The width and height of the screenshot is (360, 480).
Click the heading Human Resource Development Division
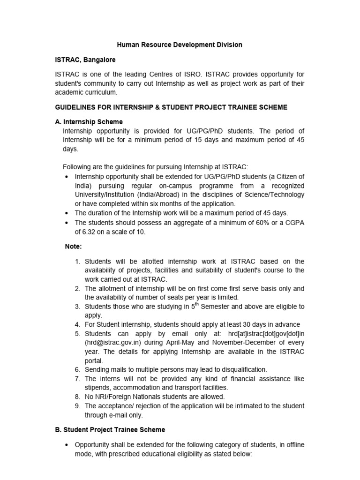pos(180,45)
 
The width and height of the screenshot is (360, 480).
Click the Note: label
pos(73,246)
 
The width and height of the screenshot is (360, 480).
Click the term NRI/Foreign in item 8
pos(115,397)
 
